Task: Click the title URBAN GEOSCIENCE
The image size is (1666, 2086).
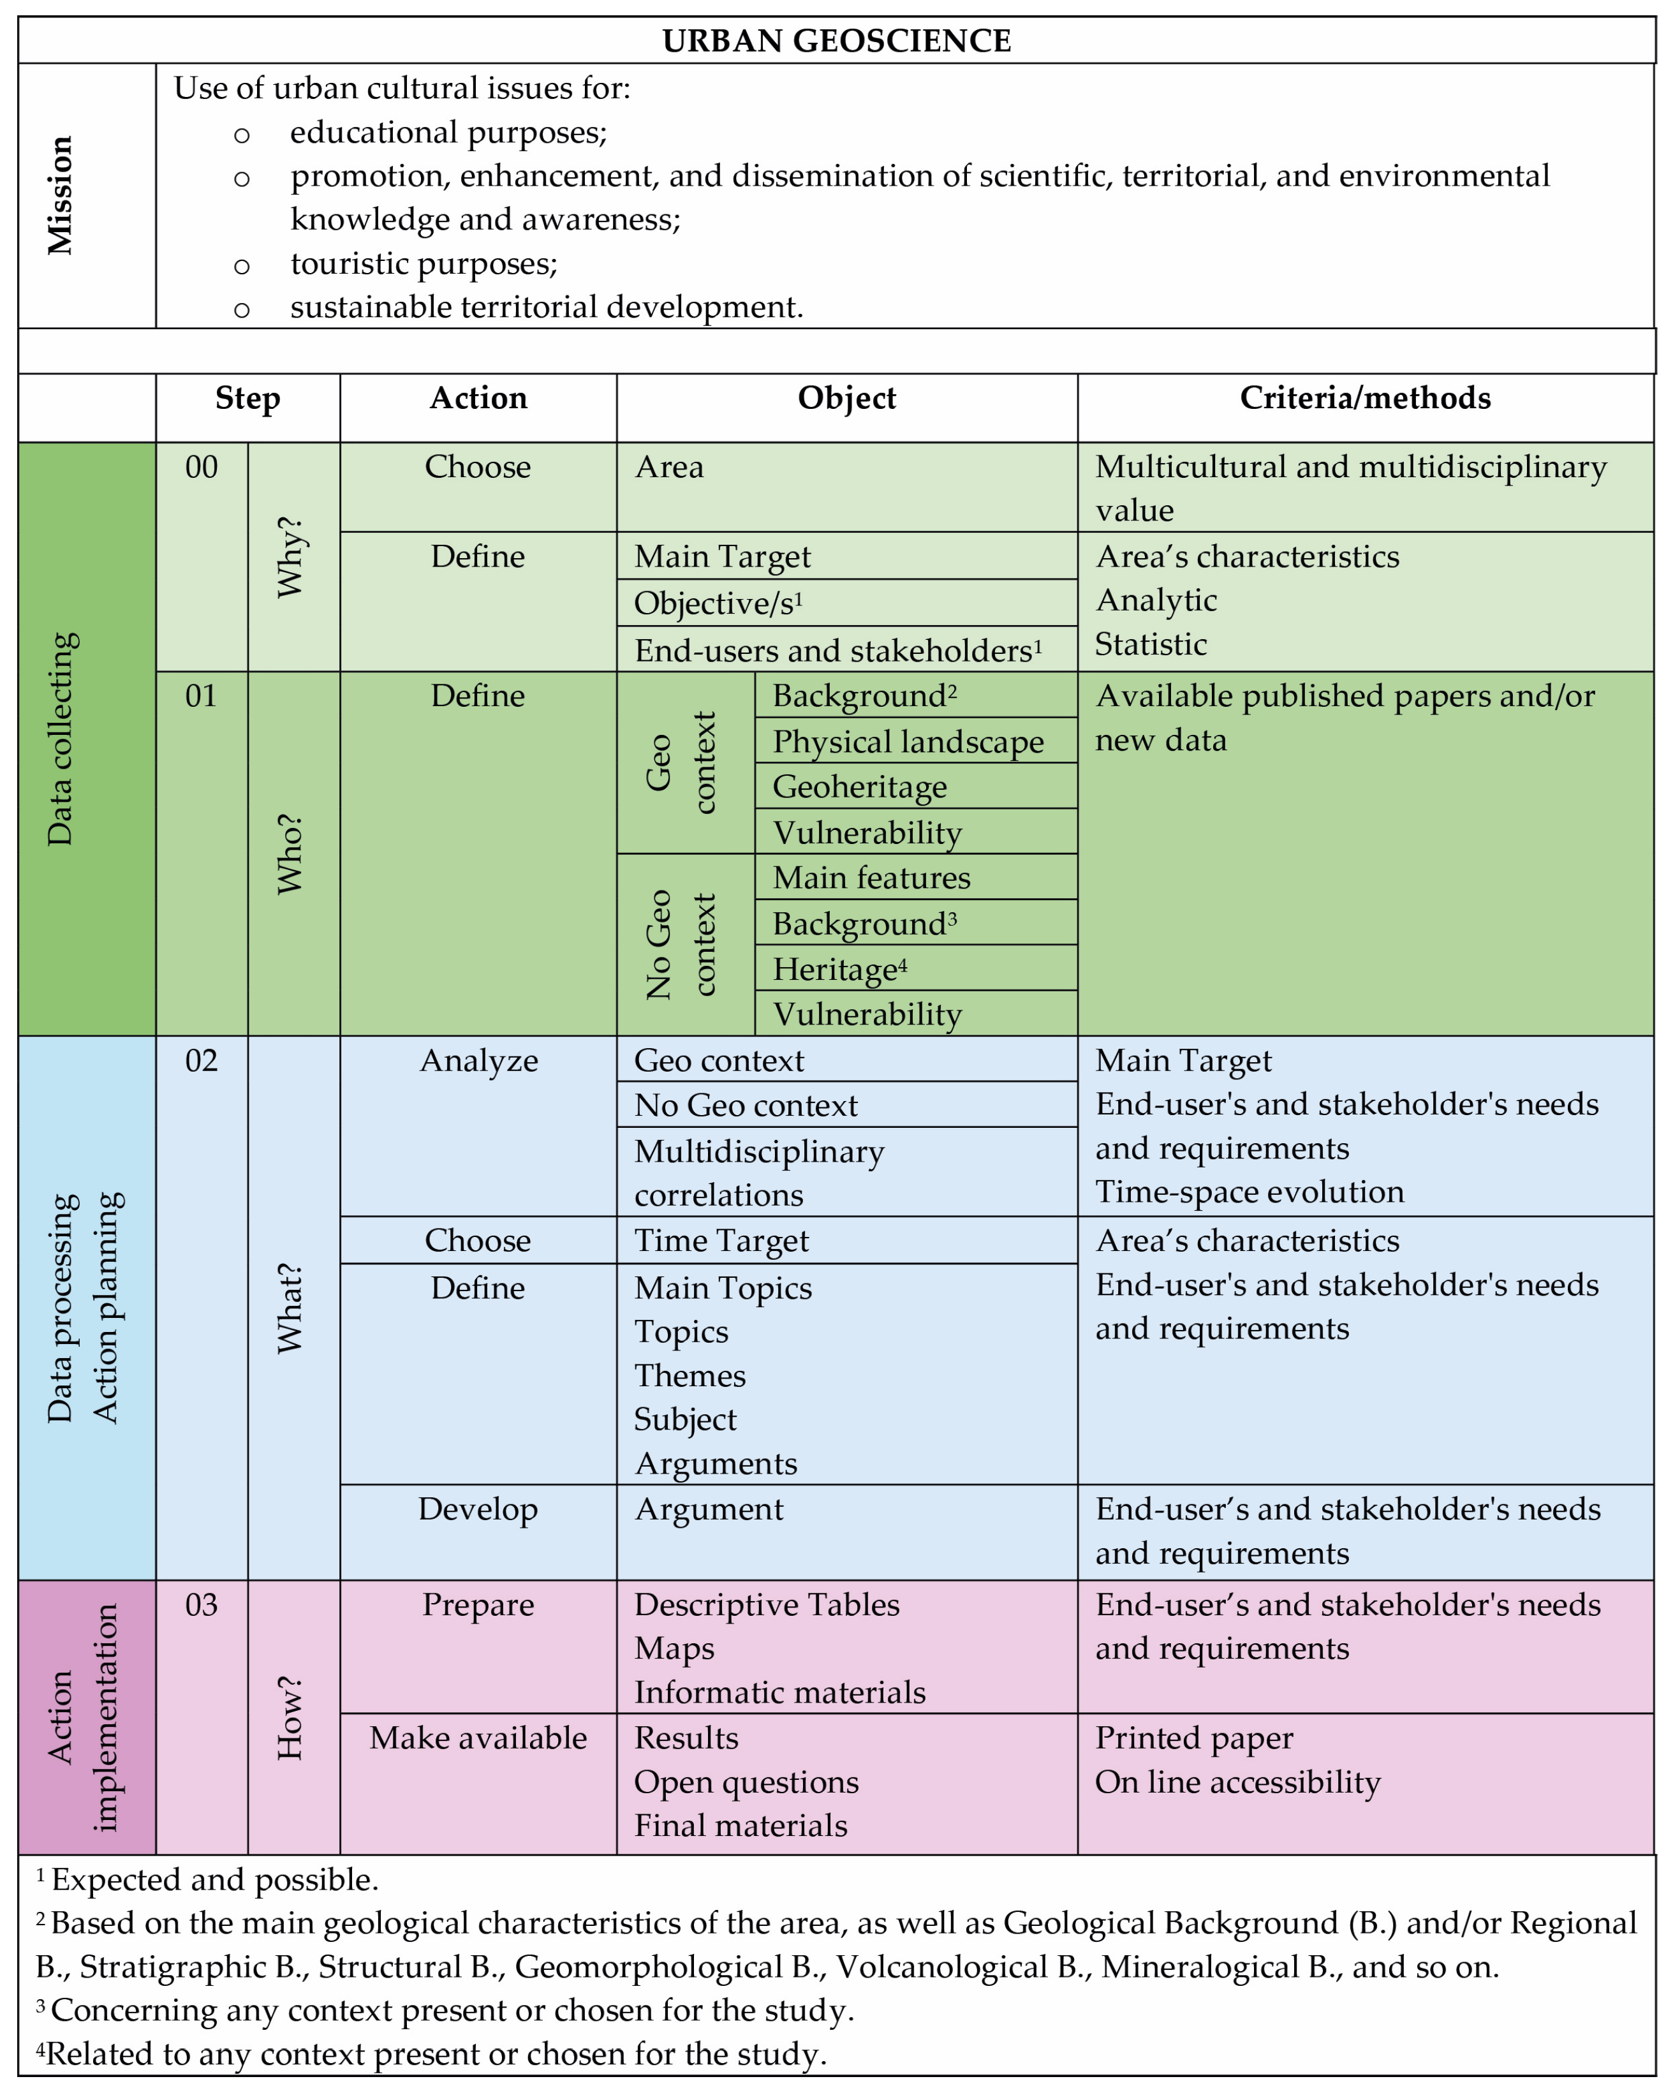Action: (836, 41)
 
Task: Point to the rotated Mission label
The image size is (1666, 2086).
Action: (60, 195)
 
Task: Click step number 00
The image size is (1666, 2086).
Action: (202, 468)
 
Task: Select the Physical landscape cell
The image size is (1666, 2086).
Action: (908, 741)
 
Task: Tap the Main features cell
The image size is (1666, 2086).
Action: (871, 878)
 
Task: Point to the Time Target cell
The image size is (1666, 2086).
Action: (721, 1240)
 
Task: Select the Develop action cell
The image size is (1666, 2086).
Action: (478, 1509)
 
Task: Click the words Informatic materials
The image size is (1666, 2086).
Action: (779, 1692)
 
